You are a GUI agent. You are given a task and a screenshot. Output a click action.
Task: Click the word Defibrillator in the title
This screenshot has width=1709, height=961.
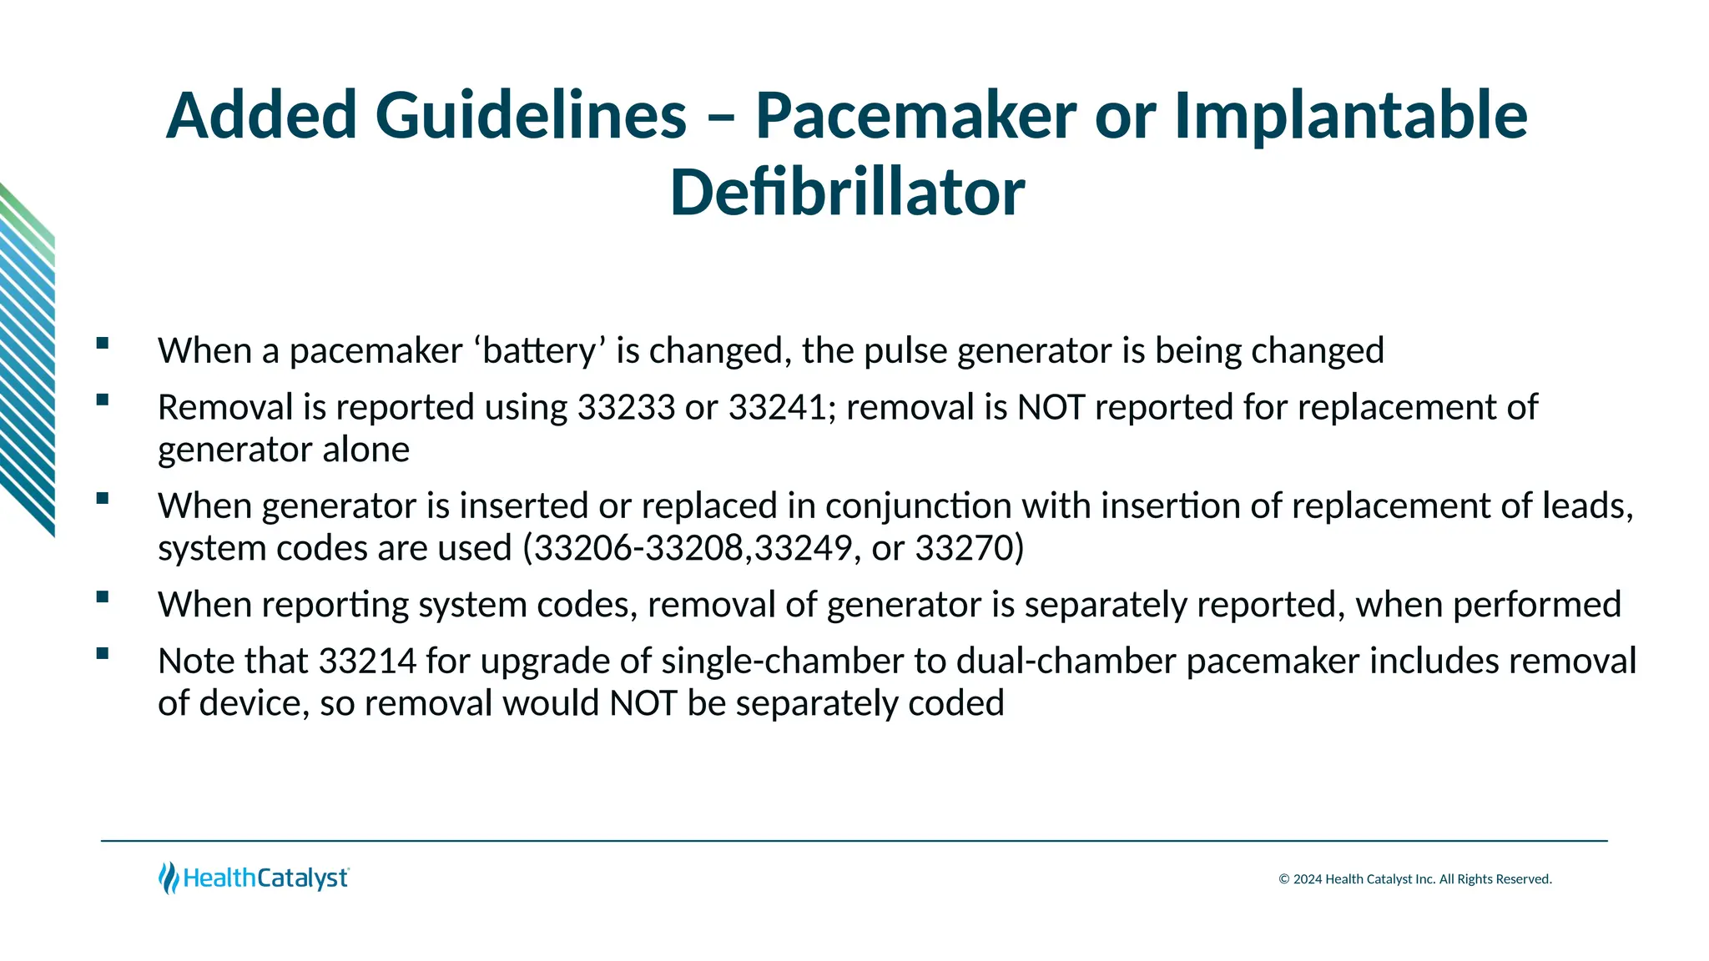tap(847, 193)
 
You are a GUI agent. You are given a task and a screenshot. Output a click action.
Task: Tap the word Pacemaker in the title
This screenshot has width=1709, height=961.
tap(915, 115)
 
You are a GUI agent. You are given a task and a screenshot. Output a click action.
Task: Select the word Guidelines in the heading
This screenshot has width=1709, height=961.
tap(531, 115)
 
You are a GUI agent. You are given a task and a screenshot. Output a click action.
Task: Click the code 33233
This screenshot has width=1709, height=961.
tap(626, 408)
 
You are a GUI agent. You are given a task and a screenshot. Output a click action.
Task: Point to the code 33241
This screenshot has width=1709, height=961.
tap(777, 408)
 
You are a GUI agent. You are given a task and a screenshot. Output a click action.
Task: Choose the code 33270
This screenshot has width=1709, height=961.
tap(969, 549)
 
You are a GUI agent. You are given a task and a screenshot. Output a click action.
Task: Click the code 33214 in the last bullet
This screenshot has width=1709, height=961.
tap(367, 662)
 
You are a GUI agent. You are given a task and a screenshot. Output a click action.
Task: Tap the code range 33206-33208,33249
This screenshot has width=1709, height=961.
tap(692, 549)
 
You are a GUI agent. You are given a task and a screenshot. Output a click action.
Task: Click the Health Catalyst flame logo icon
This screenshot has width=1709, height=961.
tap(169, 878)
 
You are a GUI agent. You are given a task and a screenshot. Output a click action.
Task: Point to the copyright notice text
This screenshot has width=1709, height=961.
tap(1415, 879)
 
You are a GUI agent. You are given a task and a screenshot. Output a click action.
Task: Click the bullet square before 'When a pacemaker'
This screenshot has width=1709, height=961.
tap(103, 343)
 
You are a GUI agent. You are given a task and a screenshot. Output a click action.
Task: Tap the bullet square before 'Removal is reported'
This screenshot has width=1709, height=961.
tap(103, 400)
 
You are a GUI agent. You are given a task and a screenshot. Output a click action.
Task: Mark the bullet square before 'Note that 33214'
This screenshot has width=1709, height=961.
tap(103, 653)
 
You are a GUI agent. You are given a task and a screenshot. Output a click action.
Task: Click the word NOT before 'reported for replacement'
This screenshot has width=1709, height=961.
tap(1051, 408)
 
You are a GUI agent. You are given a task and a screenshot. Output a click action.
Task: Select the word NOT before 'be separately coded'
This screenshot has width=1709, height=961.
tap(643, 704)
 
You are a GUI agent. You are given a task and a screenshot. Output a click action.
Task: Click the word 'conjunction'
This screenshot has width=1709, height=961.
tap(918, 506)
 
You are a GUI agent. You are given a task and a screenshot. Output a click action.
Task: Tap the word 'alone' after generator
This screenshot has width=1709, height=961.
tap(365, 450)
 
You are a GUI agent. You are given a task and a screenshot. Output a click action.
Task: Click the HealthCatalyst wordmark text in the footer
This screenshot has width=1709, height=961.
tap(265, 878)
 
